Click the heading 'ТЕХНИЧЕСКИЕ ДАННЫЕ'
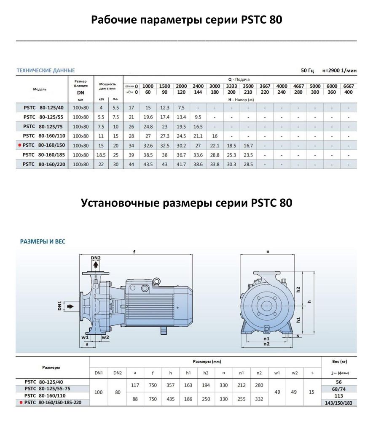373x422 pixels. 46,70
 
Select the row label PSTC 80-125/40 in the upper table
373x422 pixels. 41,108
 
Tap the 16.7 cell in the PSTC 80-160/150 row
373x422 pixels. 248,145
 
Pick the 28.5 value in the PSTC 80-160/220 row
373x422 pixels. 248,164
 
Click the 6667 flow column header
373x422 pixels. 349,86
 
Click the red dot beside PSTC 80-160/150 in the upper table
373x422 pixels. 19,145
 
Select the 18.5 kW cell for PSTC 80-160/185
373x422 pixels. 101,155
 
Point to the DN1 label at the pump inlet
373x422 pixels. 59,305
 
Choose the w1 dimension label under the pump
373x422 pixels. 85,337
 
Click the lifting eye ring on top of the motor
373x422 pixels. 157,280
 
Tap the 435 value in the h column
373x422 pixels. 170,399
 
